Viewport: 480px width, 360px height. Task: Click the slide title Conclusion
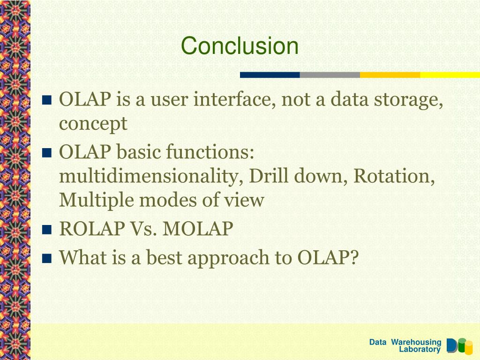[240, 45]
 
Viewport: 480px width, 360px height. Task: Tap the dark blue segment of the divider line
[270, 75]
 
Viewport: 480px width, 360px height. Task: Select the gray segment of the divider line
[330, 75]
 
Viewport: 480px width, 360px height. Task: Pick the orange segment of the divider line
[390, 75]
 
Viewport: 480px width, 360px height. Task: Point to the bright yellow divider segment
[450, 75]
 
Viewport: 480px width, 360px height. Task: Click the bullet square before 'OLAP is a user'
[47, 100]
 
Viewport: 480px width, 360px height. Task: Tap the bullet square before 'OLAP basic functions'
[47, 152]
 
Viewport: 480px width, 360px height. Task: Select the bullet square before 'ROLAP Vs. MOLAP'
[47, 230]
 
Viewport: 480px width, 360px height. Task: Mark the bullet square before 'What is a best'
[47, 258]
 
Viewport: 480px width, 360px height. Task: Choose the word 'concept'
[93, 124]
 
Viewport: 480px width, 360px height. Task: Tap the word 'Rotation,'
[394, 176]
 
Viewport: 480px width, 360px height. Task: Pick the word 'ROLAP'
[92, 229]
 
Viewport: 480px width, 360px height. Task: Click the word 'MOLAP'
[198, 229]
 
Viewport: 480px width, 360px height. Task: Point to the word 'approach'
[228, 259]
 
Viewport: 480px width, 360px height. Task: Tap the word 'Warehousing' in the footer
[416, 342]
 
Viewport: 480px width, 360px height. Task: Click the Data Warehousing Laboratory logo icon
[459, 346]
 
